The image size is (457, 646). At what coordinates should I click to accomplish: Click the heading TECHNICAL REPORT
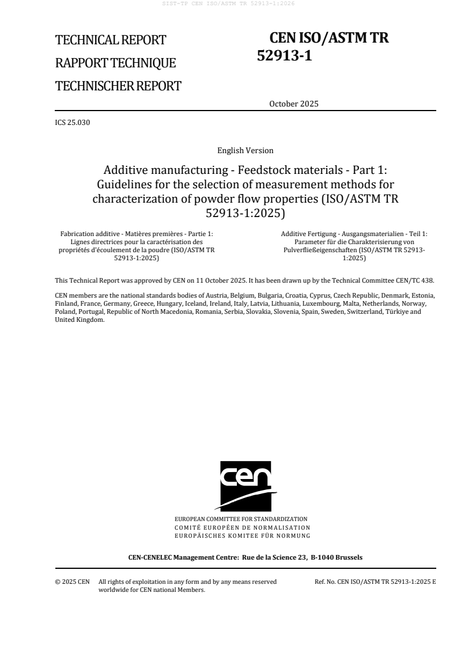(x=110, y=40)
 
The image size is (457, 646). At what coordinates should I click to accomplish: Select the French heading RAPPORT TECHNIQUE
(x=115, y=63)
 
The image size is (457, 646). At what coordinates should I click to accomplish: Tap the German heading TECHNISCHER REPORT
(x=118, y=86)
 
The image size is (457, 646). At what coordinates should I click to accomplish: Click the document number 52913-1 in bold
(x=284, y=56)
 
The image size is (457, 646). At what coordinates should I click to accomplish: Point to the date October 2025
(x=293, y=104)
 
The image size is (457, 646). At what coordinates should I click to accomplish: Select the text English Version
(x=245, y=151)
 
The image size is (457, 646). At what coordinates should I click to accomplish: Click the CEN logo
(x=245, y=485)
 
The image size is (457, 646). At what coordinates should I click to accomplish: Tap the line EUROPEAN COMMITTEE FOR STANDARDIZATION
(x=241, y=519)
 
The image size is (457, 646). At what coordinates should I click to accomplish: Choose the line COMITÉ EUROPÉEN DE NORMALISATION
(x=242, y=527)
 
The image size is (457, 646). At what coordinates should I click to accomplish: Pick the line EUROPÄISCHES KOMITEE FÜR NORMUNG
(x=242, y=535)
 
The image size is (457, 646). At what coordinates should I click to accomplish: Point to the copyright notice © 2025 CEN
(x=72, y=582)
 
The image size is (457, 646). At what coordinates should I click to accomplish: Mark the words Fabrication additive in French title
(x=86, y=233)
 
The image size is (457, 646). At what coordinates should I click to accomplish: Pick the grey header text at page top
(x=228, y=4)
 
